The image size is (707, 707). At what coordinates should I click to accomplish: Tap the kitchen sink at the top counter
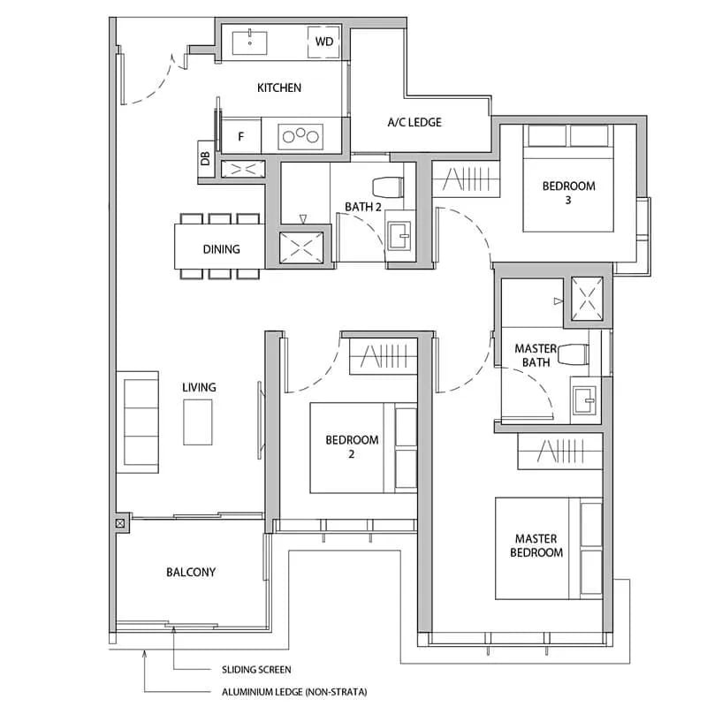(x=253, y=41)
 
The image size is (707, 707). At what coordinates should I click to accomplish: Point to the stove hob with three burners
(x=301, y=136)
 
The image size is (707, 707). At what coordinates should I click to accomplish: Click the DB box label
(x=205, y=158)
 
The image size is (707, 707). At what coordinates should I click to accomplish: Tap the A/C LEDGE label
(x=414, y=122)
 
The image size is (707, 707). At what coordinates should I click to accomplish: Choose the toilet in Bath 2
(x=389, y=186)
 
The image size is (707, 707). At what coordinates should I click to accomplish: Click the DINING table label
(x=221, y=249)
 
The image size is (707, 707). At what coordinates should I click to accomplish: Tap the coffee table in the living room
(x=198, y=422)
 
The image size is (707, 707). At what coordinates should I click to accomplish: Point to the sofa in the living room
(x=139, y=421)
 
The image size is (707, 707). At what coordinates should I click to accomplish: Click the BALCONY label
(x=191, y=572)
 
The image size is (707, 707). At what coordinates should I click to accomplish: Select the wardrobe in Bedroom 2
(x=384, y=358)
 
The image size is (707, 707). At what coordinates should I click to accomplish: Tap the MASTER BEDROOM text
(x=538, y=545)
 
